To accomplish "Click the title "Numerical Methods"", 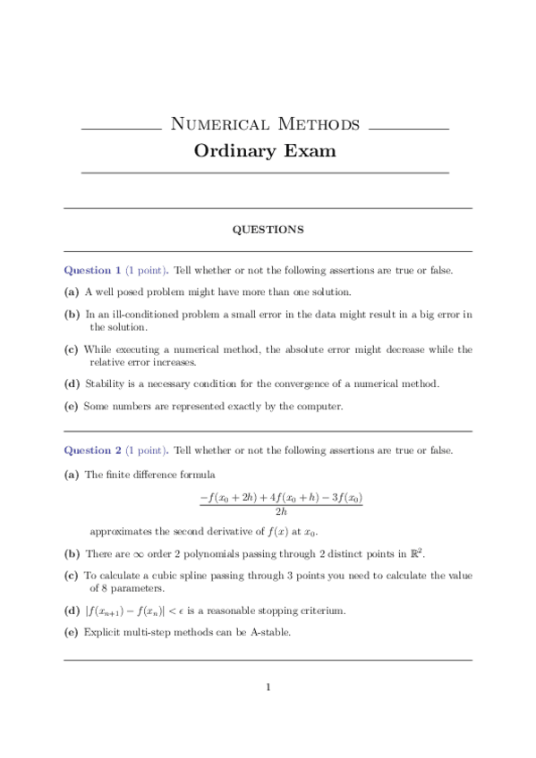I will (264, 123).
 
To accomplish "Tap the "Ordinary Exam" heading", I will (265, 150).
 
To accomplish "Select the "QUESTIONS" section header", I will (268, 230).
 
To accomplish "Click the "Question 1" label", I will (92, 270).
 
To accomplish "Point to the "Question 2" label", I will (92, 451).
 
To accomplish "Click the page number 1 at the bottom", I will (268, 687).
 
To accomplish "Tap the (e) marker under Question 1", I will (71, 406).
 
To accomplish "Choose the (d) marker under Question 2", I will (71, 611).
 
